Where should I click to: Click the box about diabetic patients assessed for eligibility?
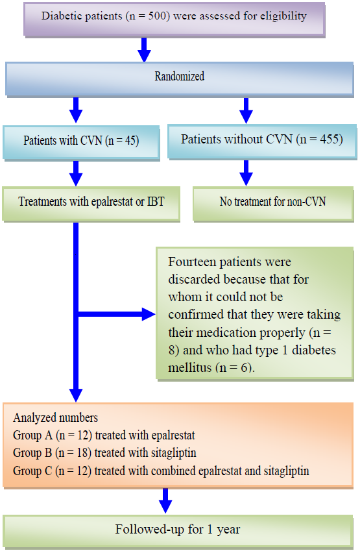click(x=174, y=17)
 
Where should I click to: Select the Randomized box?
click(x=179, y=77)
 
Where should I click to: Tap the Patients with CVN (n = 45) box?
click(x=80, y=140)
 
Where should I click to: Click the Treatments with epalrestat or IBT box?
click(x=91, y=202)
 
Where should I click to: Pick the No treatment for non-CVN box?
click(x=272, y=202)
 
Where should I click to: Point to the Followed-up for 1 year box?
click(x=178, y=530)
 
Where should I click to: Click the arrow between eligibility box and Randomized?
click(x=145, y=49)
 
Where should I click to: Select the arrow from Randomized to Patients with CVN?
click(x=76, y=110)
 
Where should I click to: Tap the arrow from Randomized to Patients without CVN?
click(x=246, y=110)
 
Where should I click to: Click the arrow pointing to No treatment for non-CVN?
click(x=246, y=173)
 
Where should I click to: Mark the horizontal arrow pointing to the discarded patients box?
click(x=117, y=315)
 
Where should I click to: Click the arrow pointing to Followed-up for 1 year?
click(x=165, y=500)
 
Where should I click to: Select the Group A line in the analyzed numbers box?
click(x=104, y=435)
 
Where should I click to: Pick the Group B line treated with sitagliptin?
click(x=103, y=452)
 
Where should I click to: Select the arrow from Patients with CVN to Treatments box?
click(x=76, y=173)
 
